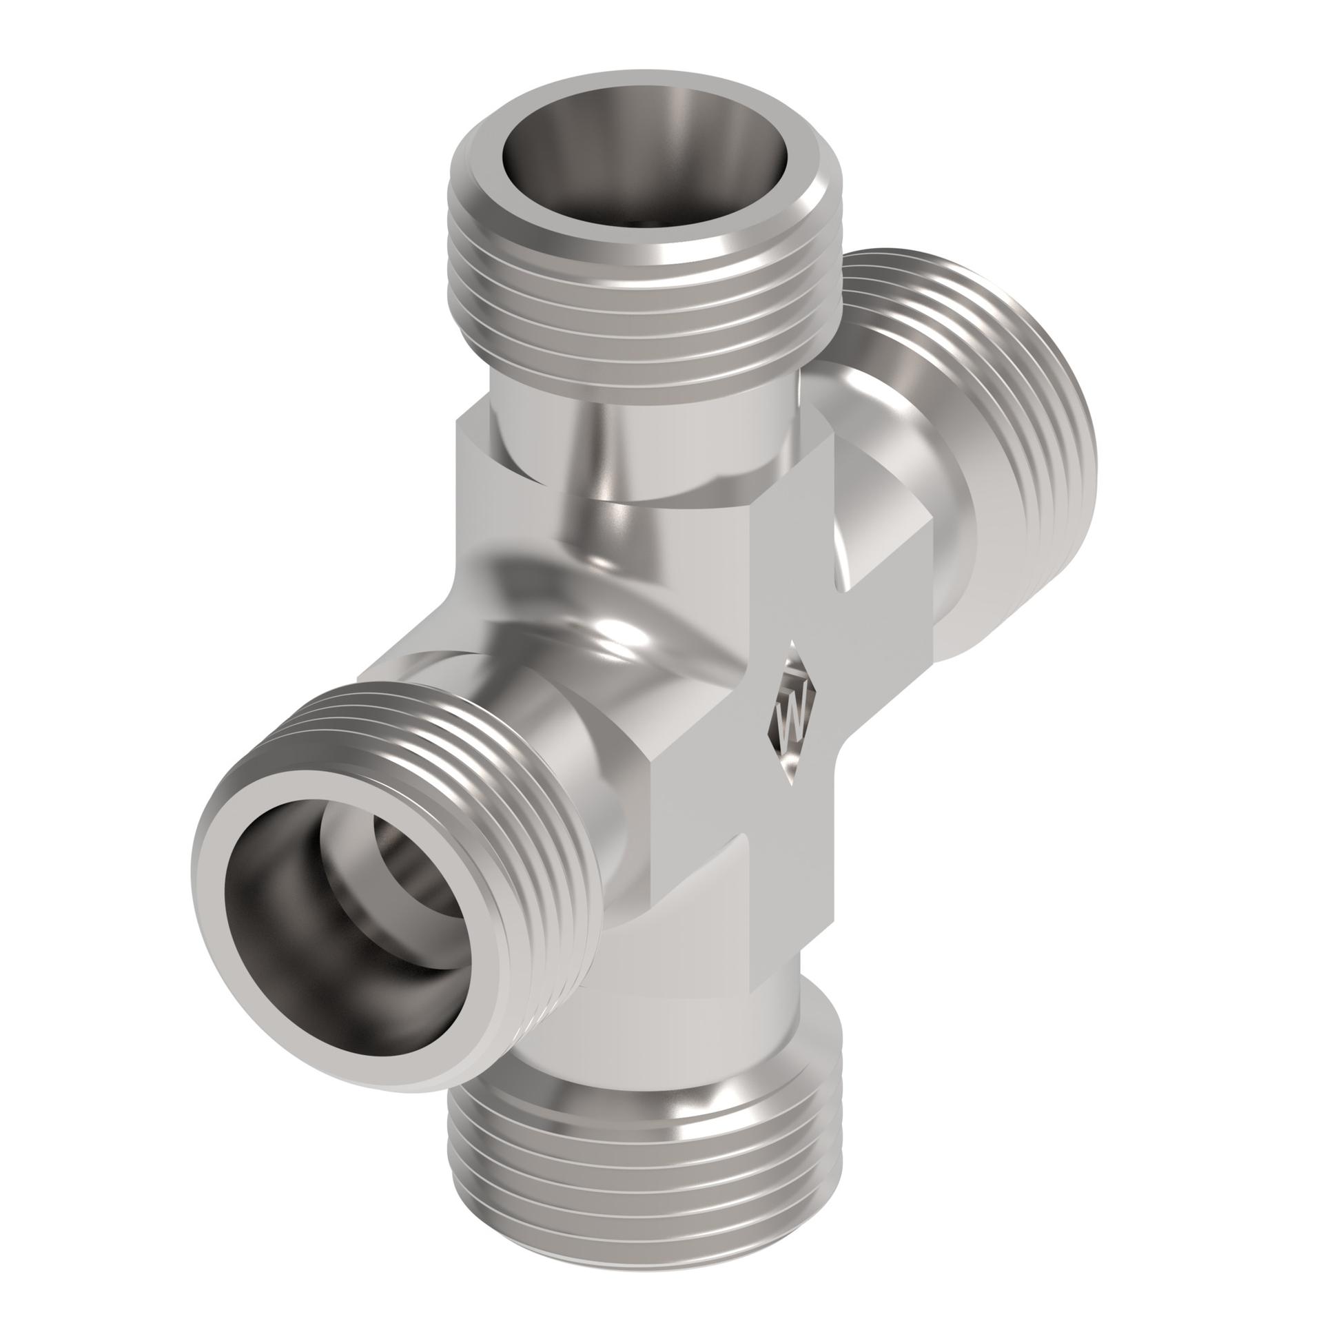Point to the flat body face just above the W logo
[x=792, y=586]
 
